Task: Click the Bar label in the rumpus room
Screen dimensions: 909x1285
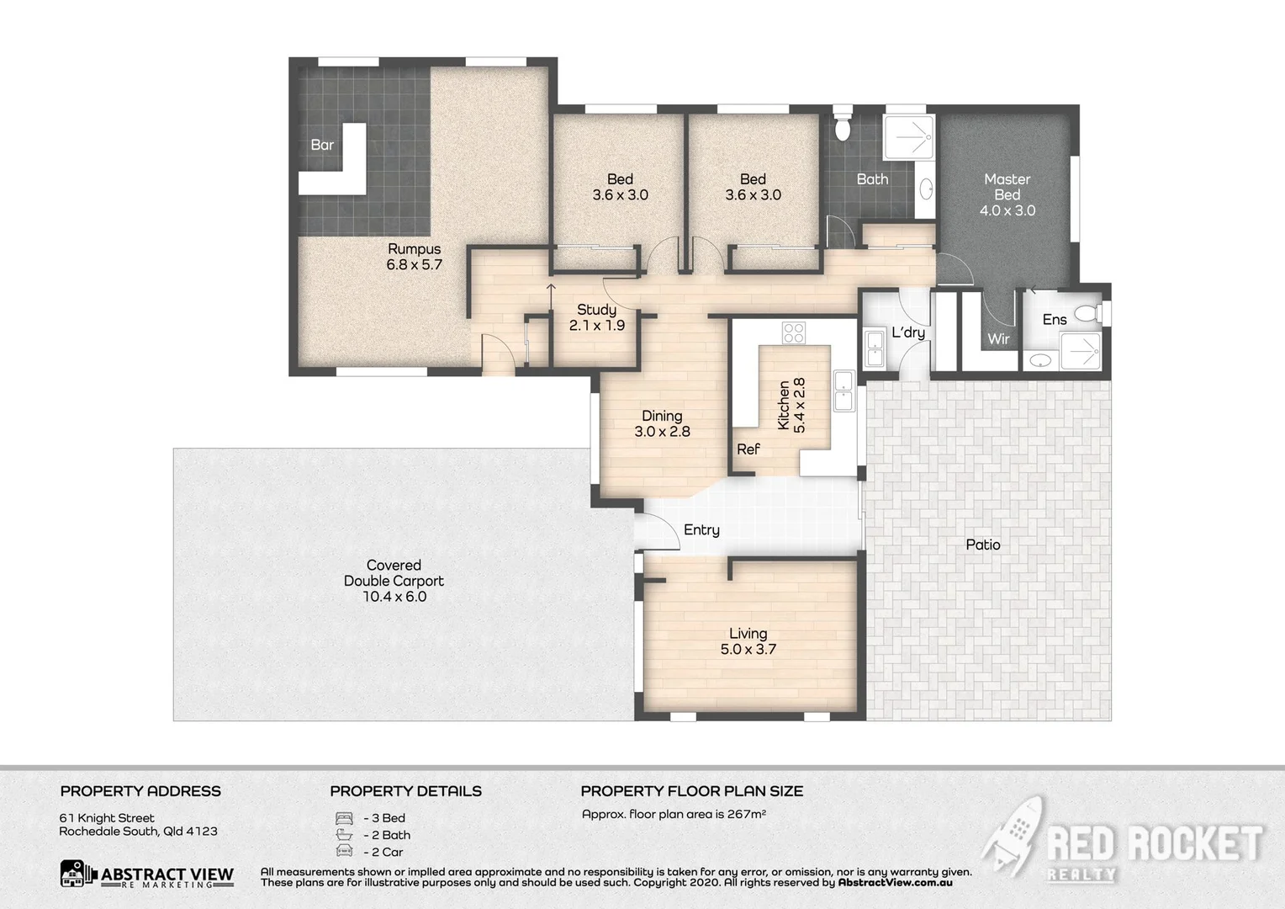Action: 322,145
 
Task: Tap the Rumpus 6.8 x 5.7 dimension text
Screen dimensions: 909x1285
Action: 414,264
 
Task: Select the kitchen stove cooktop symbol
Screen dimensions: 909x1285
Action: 794,332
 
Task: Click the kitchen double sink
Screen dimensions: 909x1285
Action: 843,391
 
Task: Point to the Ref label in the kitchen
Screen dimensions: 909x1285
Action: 748,449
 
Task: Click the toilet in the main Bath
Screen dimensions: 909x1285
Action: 842,127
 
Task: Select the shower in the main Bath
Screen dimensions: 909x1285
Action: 908,136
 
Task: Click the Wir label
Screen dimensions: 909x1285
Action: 998,339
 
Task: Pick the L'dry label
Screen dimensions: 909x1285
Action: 908,332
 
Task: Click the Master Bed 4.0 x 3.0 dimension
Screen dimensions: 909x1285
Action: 1007,210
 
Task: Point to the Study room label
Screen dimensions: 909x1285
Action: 596,310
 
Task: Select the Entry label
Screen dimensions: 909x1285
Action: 701,529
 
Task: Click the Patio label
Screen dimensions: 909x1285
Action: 982,545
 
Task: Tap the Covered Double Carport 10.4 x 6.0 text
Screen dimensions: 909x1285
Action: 394,581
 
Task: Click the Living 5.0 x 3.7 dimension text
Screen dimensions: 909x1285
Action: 748,649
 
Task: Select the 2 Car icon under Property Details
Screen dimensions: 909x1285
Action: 344,852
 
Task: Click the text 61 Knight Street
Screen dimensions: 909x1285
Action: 107,818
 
